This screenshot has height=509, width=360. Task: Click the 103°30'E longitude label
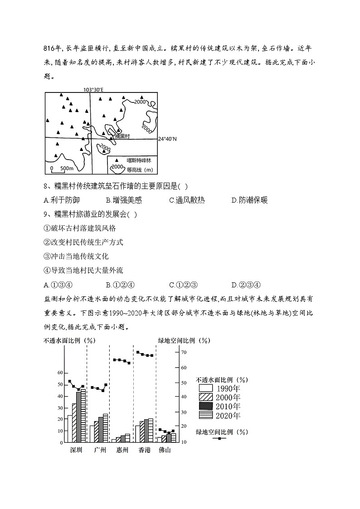tap(93, 90)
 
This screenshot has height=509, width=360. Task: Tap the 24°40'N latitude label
tap(167, 139)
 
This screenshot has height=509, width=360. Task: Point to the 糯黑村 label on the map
tap(122, 136)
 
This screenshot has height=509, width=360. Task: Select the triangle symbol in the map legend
tap(117, 160)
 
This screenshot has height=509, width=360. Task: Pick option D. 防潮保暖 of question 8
tap(249, 200)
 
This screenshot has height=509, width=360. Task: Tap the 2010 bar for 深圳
tap(78, 417)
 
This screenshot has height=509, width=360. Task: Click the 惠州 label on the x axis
tap(122, 450)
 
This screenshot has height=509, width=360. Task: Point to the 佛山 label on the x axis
tap(165, 450)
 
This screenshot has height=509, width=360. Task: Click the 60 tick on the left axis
tap(60, 373)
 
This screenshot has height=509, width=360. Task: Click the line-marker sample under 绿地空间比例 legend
tap(219, 438)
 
